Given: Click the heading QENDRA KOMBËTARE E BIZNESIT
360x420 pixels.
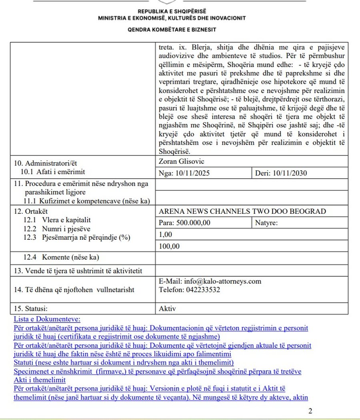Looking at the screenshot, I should tap(172, 30).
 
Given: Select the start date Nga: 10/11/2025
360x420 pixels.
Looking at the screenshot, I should tap(184, 173).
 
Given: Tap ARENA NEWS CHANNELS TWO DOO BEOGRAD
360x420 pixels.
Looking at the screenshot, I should tap(242, 211).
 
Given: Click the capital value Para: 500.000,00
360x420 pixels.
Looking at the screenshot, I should tap(185, 223).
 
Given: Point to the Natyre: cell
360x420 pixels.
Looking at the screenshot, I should tap(266, 223).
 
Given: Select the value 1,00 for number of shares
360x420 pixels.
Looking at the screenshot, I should tap(166, 234).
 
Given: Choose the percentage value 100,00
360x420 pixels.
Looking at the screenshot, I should tap(169, 246).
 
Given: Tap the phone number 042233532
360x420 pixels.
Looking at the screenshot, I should tap(203, 290).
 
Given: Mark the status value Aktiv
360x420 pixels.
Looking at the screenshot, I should tap(167, 309).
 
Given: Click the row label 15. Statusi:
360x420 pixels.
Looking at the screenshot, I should tap(32, 309).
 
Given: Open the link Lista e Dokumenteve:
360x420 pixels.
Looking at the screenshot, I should tap(47, 319).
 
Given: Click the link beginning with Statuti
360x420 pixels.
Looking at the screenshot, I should tap(124, 362).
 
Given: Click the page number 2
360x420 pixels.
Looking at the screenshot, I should tap(310, 411).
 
